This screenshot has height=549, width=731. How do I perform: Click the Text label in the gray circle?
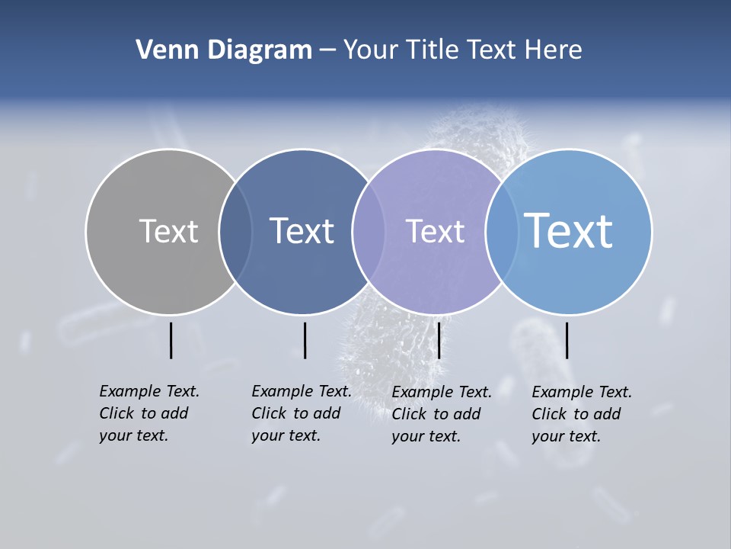(168, 231)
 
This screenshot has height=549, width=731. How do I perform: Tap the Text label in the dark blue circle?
(302, 231)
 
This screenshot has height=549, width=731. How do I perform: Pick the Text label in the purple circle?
(435, 231)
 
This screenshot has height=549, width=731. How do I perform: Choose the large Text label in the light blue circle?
(569, 230)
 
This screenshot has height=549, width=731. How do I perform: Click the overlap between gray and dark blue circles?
(235, 231)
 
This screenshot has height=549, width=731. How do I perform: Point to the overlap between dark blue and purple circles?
(369, 231)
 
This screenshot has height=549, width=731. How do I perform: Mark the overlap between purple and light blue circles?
(502, 231)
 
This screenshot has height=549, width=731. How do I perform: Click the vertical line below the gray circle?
(171, 340)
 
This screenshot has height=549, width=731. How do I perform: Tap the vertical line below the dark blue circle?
(305, 340)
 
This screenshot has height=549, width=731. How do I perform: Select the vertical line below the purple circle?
(439, 340)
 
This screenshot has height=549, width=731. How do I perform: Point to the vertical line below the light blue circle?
(567, 340)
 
